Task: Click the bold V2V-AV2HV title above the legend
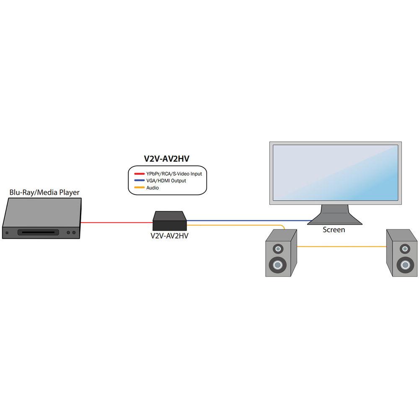point(168,159)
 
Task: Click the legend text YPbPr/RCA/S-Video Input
point(176,173)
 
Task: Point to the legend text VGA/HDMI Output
point(166,181)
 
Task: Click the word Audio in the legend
point(153,188)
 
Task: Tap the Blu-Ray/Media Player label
point(44,193)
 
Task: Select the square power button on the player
point(7,233)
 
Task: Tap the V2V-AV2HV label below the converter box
point(169,235)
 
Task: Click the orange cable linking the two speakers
point(341,247)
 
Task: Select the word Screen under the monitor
point(334,230)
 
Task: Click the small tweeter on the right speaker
point(405,249)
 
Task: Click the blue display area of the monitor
point(335,173)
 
